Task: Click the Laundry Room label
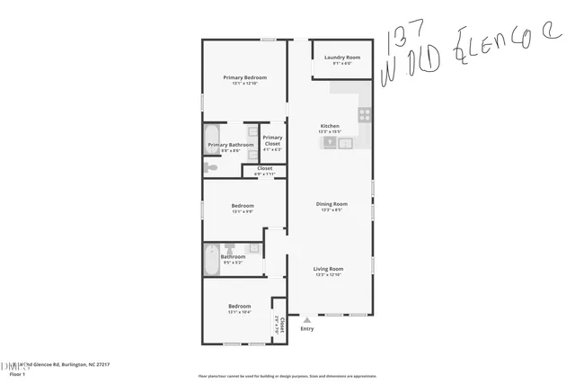342,58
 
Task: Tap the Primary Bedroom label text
245,78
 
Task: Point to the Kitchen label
330,126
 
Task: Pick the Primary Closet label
272,140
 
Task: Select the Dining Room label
331,204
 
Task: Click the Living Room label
328,269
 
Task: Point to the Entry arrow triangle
307,319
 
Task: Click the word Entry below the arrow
307,328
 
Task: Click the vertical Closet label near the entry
281,325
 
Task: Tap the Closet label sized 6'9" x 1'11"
264,169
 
